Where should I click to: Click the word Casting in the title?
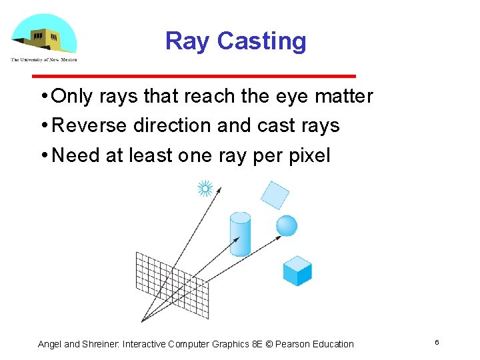[x=261, y=41]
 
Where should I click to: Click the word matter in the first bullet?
[x=344, y=97]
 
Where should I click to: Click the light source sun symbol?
[x=205, y=189]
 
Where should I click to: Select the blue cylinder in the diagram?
[x=240, y=234]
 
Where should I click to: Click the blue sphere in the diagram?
[x=287, y=225]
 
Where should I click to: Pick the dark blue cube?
[x=297, y=271]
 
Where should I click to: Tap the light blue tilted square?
[x=275, y=195]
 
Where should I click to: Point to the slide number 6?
[x=437, y=343]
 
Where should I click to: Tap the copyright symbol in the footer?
[x=269, y=344]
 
